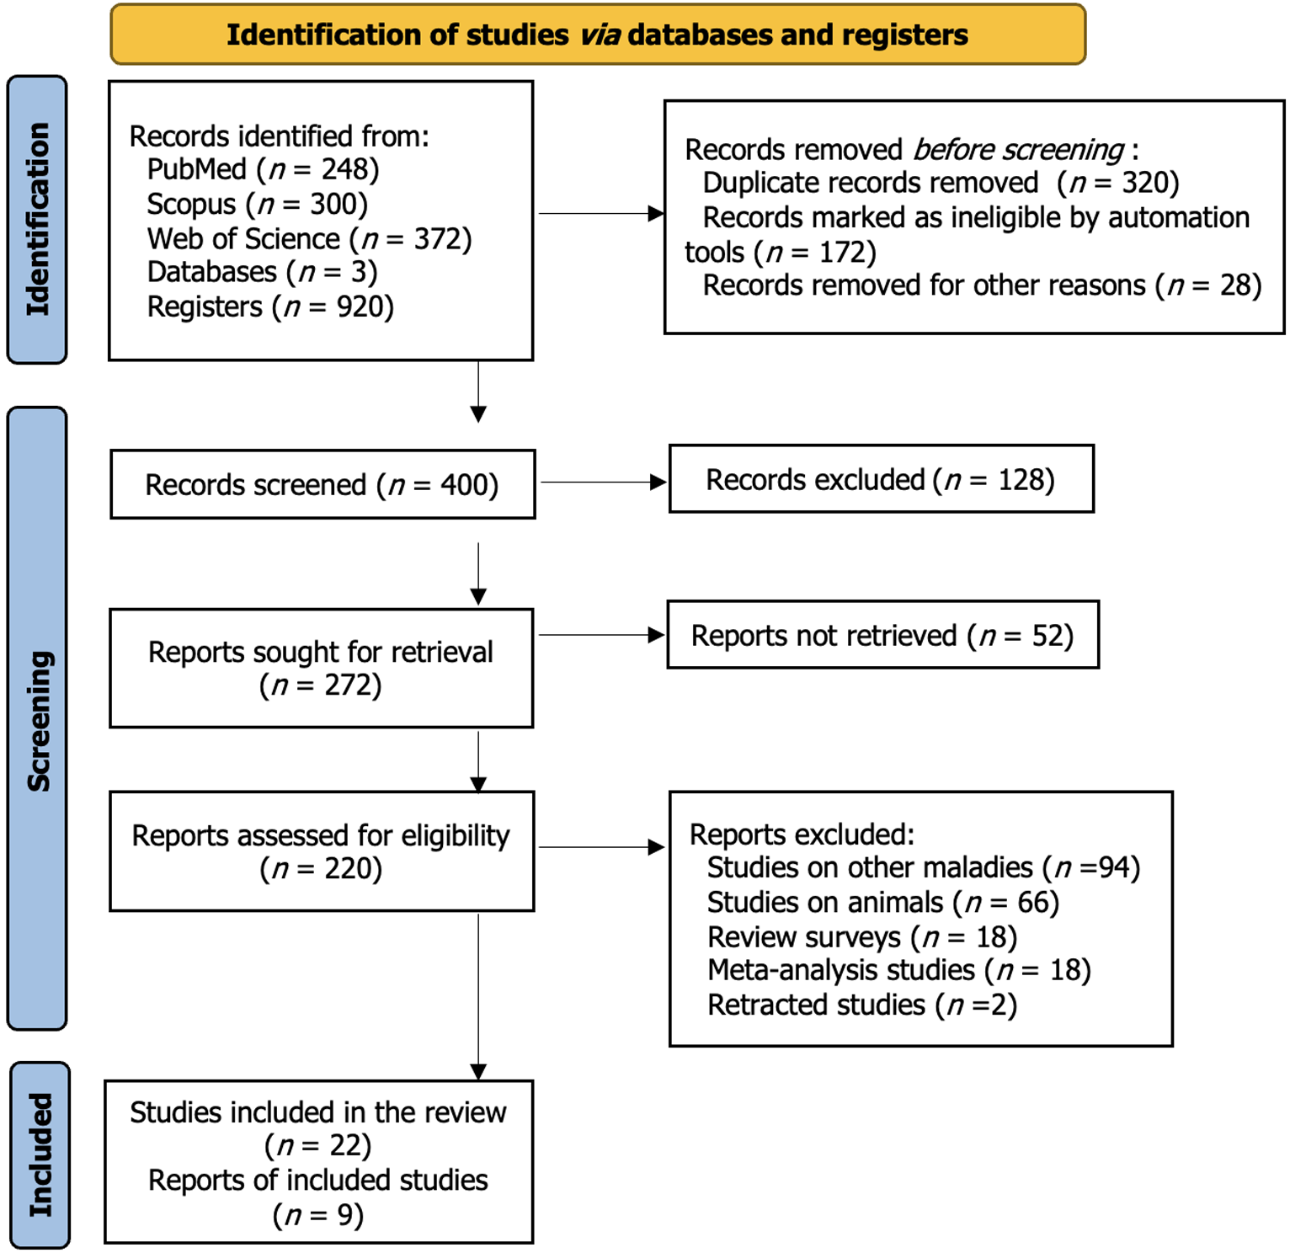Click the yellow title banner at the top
[598, 35]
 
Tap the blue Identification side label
[37, 220]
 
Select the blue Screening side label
[37, 718]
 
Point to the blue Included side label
[40, 1154]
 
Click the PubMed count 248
[344, 169]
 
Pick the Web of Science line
[309, 239]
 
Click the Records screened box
[322, 484]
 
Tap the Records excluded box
[882, 479]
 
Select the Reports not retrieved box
[883, 635]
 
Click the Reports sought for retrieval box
[321, 669]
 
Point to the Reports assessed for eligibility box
[322, 851]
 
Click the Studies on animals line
[883, 903]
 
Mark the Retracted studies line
[862, 1005]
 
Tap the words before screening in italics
[1018, 150]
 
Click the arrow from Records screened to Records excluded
[603, 483]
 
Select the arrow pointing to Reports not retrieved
[602, 635]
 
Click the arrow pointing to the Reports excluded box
[602, 847]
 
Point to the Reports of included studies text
[318, 1181]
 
